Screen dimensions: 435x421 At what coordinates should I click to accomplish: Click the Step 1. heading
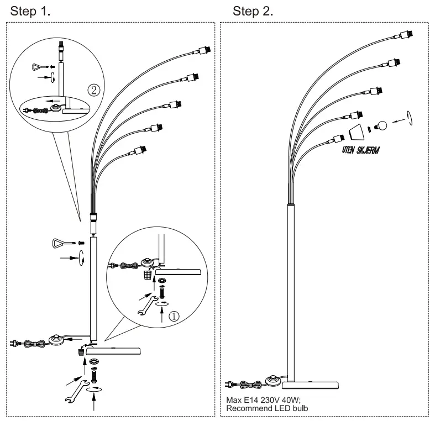tap(30, 12)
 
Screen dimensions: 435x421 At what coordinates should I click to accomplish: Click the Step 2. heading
tap(253, 12)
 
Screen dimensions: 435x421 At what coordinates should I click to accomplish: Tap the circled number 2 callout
tap(94, 90)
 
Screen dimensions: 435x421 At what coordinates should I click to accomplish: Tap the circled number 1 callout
tap(174, 316)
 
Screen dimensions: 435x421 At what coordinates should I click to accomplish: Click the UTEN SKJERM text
tap(360, 150)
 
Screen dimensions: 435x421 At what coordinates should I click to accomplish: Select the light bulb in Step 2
tap(381, 125)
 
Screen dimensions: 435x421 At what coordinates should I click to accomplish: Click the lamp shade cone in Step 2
tap(357, 132)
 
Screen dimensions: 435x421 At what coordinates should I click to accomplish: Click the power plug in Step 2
tap(230, 385)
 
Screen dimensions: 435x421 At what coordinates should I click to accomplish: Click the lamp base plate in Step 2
tap(310, 385)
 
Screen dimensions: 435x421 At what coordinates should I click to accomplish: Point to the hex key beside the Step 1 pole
tap(64, 243)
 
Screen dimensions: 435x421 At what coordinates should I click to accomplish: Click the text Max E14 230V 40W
tap(263, 400)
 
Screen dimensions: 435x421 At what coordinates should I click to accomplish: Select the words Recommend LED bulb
tap(267, 408)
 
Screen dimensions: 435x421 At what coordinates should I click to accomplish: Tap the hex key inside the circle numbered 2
tap(40, 67)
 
